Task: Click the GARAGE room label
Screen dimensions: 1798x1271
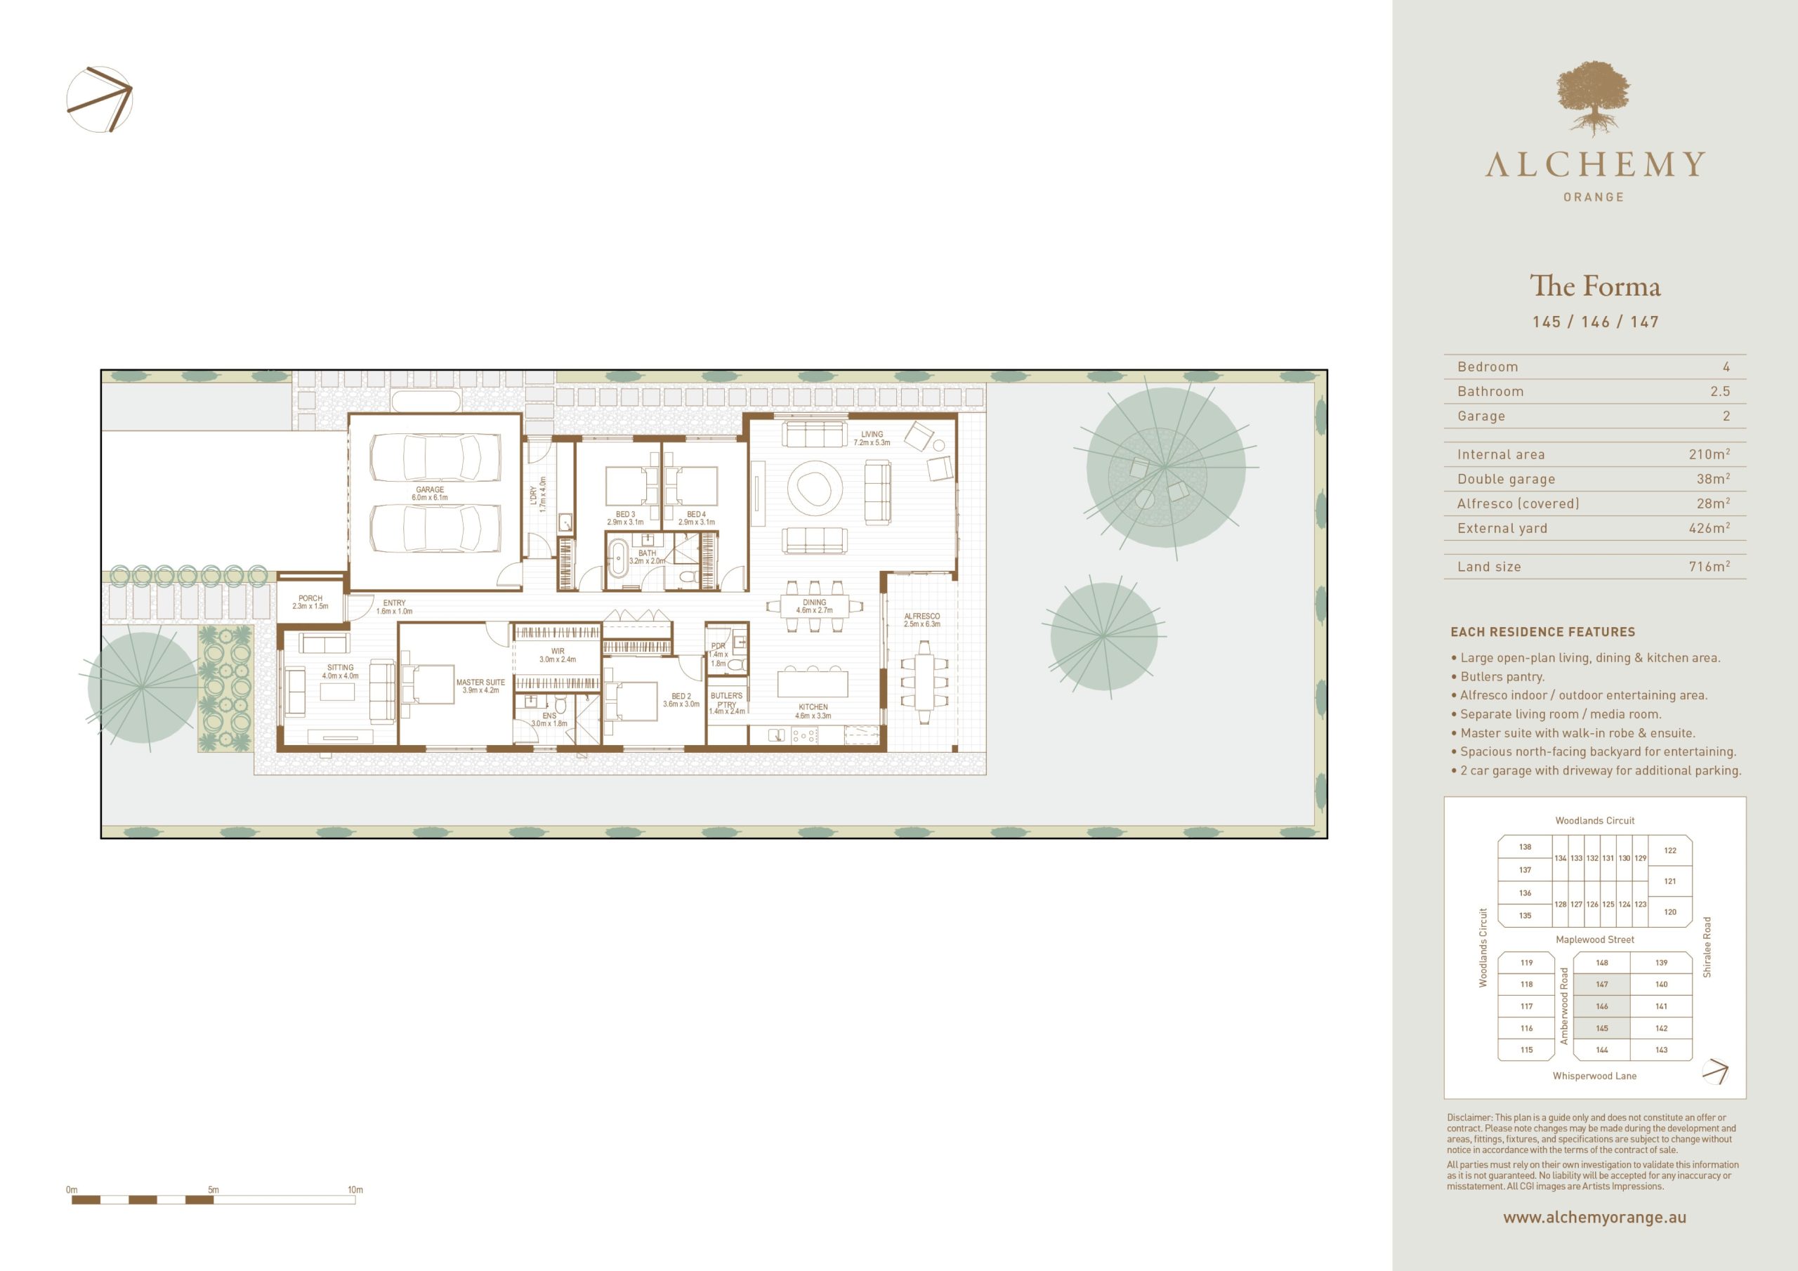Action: [x=430, y=489]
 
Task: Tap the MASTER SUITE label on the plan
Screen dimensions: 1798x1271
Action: [x=481, y=682]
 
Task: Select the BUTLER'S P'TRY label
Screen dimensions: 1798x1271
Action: [x=727, y=700]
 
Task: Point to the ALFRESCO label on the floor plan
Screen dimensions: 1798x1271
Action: [x=921, y=617]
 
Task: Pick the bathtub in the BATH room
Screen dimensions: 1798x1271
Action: [x=619, y=558]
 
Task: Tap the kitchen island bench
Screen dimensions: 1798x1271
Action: [x=812, y=682]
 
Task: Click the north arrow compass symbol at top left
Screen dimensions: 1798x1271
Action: [x=100, y=100]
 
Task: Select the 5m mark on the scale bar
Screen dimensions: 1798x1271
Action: [x=213, y=1190]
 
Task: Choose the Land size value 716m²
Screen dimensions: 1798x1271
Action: [x=1710, y=566]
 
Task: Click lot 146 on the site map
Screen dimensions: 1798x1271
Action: [x=1601, y=1006]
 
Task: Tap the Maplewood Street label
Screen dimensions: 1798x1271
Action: [x=1594, y=940]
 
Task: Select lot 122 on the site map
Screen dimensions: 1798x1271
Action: [x=1669, y=850]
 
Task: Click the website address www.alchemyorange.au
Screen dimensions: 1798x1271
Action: [x=1594, y=1218]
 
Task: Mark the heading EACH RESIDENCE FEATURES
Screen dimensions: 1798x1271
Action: [x=1543, y=632]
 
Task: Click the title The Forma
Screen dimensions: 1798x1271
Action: [x=1595, y=286]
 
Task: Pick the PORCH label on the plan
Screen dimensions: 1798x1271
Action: [x=310, y=598]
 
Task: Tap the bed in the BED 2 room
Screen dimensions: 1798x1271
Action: [x=631, y=701]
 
